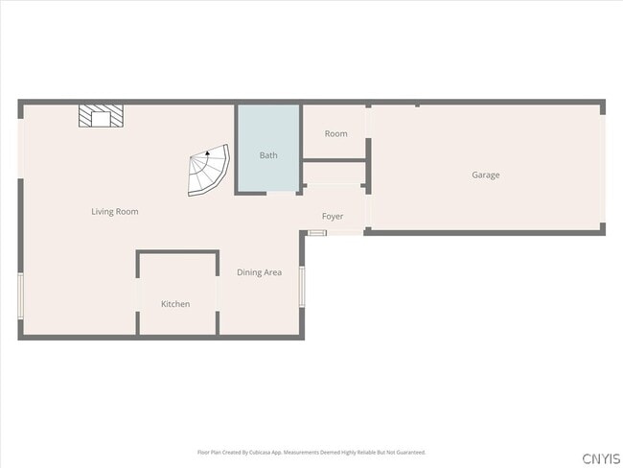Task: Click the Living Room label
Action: tap(115, 212)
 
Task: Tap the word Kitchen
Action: tap(175, 304)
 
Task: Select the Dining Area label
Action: tap(259, 272)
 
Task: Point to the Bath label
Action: tap(268, 154)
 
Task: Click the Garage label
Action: tap(485, 175)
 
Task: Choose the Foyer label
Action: tap(333, 217)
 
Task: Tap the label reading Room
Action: tap(335, 134)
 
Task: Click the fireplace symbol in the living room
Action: tap(101, 116)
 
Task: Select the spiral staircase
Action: tap(208, 172)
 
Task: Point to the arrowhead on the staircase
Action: tap(207, 152)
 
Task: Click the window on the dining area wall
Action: tap(301, 286)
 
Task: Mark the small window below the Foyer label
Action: tap(317, 232)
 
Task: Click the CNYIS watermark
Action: tap(601, 457)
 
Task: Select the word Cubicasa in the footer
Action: tap(265, 452)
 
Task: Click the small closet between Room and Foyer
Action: tap(334, 175)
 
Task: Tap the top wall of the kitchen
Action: tap(177, 252)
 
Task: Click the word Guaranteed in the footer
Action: tap(410, 452)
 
